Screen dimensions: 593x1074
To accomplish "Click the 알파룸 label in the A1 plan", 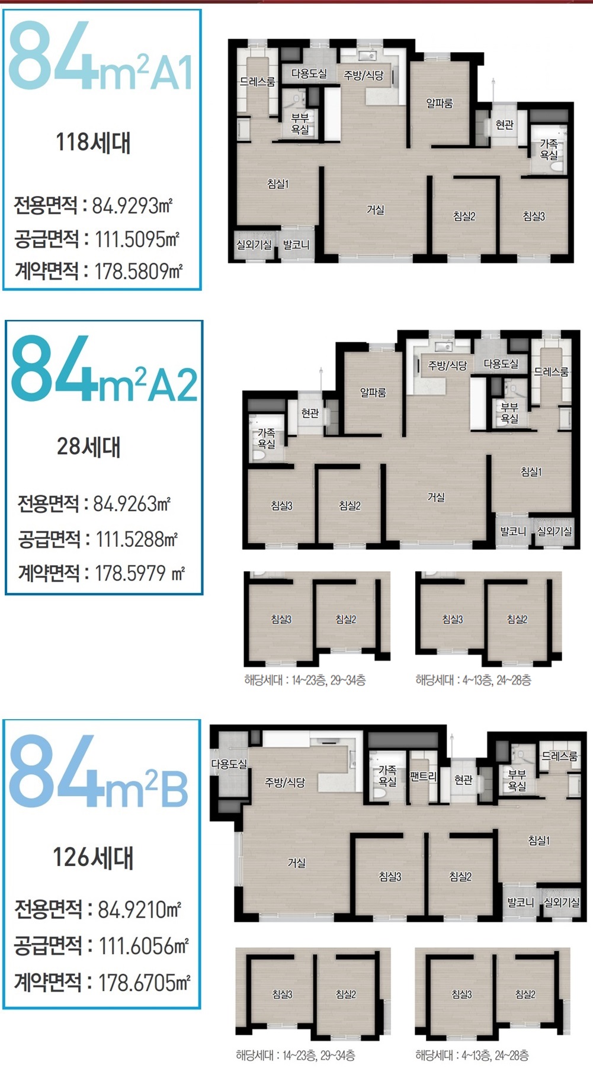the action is [440, 103].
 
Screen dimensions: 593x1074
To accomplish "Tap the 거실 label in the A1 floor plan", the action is [376, 210].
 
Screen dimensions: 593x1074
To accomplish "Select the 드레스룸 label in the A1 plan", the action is [257, 82].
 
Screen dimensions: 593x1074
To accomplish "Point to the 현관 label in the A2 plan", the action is [310, 413].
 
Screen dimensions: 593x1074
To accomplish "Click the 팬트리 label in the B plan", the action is [423, 776].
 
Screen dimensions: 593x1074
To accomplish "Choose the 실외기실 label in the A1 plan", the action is [254, 245].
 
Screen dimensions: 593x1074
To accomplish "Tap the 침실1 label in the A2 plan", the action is [531, 472].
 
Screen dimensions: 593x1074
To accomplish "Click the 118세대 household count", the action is [93, 143].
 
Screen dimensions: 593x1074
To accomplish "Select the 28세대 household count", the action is [88, 447].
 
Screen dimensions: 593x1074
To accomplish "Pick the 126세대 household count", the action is [93, 857].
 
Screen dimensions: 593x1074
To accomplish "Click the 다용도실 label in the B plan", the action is [229, 764].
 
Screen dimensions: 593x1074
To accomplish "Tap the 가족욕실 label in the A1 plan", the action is [549, 149].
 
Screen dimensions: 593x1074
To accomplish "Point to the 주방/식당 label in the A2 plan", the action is [448, 366].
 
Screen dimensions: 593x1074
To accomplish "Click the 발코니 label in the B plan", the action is [521, 902].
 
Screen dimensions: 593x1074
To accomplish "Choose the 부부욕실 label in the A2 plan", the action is [509, 412].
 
